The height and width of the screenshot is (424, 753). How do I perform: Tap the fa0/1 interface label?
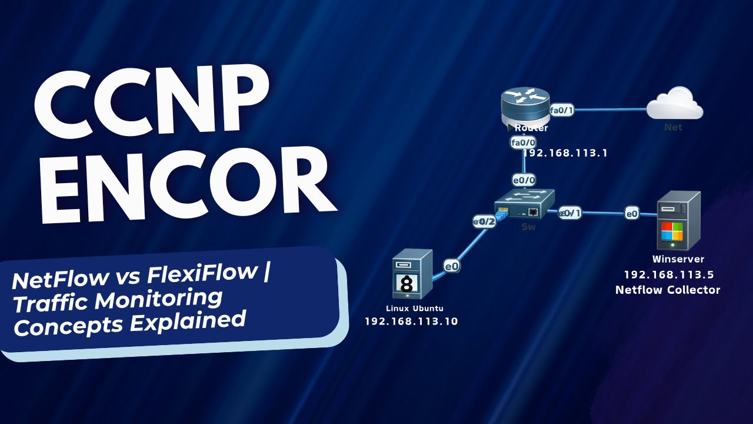[561, 110]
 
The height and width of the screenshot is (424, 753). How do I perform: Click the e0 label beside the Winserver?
[632, 214]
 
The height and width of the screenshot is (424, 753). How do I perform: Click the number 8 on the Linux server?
[406, 284]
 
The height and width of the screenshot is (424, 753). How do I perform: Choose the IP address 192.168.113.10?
[411, 322]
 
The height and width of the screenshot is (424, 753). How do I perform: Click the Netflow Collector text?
[668, 290]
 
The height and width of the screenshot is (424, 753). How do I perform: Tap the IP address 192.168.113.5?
[668, 274]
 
